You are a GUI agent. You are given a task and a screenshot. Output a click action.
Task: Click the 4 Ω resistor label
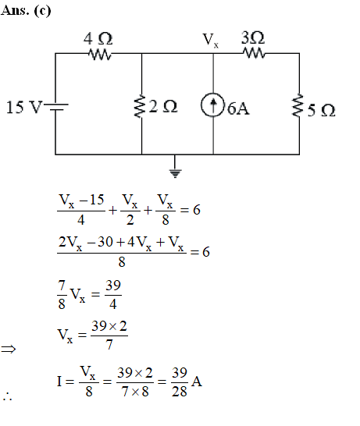(x=98, y=38)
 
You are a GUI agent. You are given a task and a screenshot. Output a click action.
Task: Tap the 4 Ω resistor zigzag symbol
(x=100, y=55)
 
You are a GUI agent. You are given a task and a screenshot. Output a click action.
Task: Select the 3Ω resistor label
(x=253, y=37)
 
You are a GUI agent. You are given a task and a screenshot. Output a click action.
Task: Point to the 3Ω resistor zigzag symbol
(x=255, y=53)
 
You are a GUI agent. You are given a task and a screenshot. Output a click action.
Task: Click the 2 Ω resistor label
(x=163, y=106)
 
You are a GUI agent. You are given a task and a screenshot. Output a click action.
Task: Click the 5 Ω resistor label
(x=322, y=110)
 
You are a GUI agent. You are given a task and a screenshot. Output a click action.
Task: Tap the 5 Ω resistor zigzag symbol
(x=298, y=105)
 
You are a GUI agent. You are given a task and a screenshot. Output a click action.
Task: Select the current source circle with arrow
(x=213, y=105)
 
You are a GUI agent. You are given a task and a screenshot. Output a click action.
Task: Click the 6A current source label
(x=238, y=108)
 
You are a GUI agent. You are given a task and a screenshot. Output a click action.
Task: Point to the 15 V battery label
(x=24, y=107)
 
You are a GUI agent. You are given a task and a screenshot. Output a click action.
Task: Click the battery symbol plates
(x=56, y=107)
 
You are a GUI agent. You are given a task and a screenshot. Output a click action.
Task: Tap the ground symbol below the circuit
(x=175, y=173)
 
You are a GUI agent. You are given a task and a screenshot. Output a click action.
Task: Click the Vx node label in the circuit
(x=211, y=40)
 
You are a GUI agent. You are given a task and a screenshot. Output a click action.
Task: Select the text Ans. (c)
(x=26, y=11)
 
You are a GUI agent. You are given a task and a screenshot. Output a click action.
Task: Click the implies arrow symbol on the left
(x=9, y=349)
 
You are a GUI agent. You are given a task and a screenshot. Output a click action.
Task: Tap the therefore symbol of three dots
(x=8, y=396)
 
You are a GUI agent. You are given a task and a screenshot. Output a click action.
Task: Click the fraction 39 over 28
(x=180, y=382)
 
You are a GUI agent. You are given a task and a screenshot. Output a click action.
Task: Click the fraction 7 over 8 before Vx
(x=62, y=295)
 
